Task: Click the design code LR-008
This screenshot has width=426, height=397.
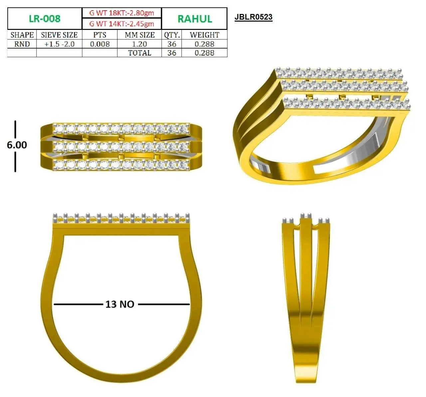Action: [45, 19]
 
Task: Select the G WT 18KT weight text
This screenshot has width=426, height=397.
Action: [121, 13]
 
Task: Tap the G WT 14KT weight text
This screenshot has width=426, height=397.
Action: [121, 24]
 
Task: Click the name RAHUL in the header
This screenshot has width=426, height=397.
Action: [195, 19]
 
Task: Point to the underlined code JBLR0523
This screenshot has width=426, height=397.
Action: [253, 17]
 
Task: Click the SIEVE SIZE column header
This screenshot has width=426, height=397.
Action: [59, 35]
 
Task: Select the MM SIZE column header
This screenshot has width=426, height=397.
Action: [140, 35]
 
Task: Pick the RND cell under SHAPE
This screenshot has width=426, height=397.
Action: [22, 44]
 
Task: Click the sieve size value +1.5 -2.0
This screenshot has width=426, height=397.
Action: [60, 44]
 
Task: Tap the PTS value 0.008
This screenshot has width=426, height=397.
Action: [100, 44]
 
